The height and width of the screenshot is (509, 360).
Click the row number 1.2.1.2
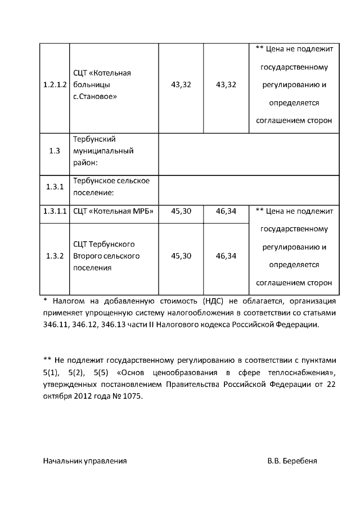click(55, 85)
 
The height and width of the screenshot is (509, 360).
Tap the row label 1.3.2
click(55, 256)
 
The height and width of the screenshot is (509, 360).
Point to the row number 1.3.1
click(55, 188)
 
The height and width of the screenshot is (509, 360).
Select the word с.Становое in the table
click(95, 96)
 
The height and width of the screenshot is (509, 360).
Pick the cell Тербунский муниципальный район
click(103, 151)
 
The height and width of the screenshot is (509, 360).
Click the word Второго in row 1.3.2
click(89, 256)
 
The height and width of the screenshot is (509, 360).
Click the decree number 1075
click(132, 396)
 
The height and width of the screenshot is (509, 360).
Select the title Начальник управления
click(85, 461)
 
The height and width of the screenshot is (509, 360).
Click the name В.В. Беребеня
click(292, 461)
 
